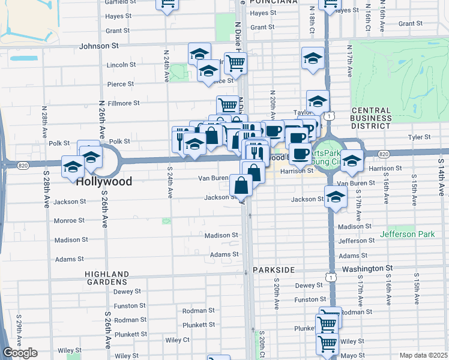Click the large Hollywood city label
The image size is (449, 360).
click(104, 181)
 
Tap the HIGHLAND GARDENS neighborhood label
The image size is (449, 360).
click(106, 277)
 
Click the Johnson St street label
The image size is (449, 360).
click(100, 45)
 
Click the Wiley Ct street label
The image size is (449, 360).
click(178, 340)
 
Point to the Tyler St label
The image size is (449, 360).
click(420, 137)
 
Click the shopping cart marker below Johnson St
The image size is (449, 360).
click(235, 62)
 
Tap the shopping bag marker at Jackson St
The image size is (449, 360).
click(241, 185)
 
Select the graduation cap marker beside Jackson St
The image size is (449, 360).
click(336, 197)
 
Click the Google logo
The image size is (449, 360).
click(20, 353)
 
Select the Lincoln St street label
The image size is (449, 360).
click(123, 65)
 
